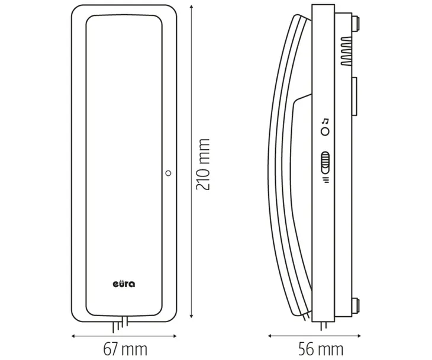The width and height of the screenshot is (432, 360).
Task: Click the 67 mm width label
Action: click(x=125, y=349)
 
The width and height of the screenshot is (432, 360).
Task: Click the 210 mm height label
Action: click(x=203, y=165)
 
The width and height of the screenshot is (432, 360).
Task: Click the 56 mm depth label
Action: click(x=321, y=349)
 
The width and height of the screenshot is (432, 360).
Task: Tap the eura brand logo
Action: click(x=124, y=284)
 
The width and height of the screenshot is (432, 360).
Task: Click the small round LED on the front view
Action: click(x=168, y=173)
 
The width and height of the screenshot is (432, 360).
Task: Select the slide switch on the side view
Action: click(x=325, y=163)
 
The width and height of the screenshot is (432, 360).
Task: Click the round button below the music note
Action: click(x=325, y=131)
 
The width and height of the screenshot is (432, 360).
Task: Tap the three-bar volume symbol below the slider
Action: click(x=325, y=180)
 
